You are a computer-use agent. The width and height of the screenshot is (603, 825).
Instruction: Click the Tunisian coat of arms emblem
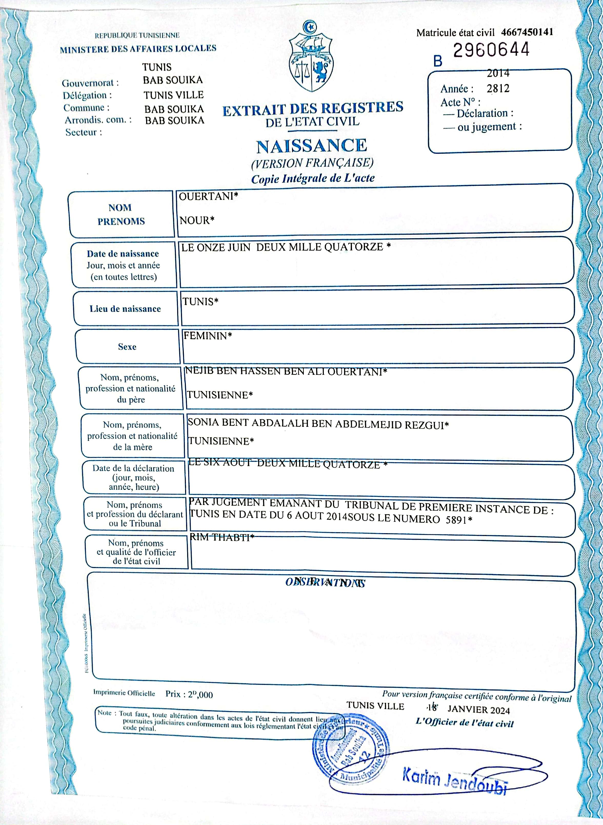pyautogui.click(x=311, y=58)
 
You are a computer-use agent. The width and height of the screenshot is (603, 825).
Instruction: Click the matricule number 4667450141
pyautogui.click(x=527, y=32)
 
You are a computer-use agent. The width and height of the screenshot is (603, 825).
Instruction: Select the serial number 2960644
pyautogui.click(x=491, y=50)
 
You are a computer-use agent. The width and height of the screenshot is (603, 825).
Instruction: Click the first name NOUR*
pyautogui.click(x=197, y=220)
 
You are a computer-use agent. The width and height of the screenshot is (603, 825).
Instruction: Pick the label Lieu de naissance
pyautogui.click(x=125, y=309)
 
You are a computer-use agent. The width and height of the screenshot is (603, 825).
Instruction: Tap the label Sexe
pyautogui.click(x=127, y=347)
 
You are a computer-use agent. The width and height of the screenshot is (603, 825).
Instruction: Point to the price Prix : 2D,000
pyautogui.click(x=189, y=694)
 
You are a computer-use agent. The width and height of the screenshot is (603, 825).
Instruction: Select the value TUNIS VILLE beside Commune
pyautogui.click(x=173, y=95)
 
